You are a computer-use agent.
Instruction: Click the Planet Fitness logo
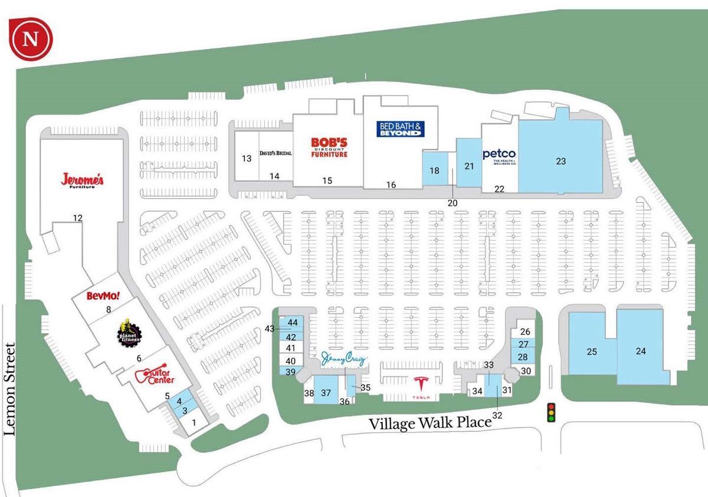pyautogui.click(x=125, y=333)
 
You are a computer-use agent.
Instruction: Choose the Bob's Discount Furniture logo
pyautogui.click(x=329, y=147)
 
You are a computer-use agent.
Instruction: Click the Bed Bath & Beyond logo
pyautogui.click(x=401, y=129)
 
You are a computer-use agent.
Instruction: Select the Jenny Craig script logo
pyautogui.click(x=345, y=359)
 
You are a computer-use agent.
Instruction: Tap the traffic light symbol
pyautogui.click(x=552, y=411)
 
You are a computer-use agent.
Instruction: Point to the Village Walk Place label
pyautogui.click(x=430, y=423)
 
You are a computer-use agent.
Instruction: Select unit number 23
pyautogui.click(x=560, y=161)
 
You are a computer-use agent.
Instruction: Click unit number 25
pyautogui.click(x=592, y=352)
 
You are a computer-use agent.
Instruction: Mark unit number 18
pyautogui.click(x=435, y=171)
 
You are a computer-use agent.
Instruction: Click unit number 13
pyautogui.click(x=247, y=158)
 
